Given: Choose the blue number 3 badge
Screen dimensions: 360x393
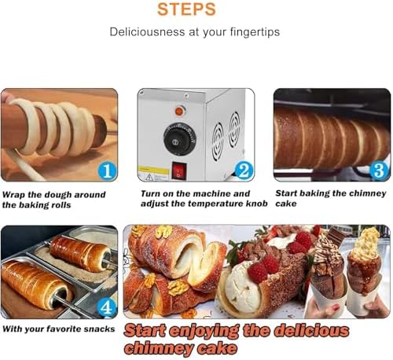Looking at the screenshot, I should click(378, 170).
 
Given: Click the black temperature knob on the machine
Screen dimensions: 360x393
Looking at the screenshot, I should click(178, 140).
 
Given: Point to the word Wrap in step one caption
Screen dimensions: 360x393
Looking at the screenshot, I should click(16, 193).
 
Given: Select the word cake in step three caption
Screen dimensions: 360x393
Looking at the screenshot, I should click(285, 204).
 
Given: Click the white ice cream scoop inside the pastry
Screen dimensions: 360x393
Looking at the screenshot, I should click(239, 294).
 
